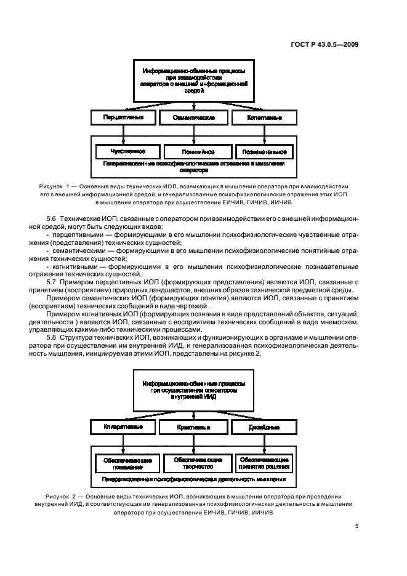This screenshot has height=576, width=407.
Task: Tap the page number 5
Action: (357, 526)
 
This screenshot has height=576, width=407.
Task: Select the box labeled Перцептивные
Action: (123, 117)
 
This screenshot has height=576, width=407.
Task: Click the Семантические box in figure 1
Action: (194, 117)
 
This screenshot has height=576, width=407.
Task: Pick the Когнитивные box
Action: (265, 117)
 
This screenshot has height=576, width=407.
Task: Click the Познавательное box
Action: (265, 151)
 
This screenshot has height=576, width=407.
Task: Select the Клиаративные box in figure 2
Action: (123, 426)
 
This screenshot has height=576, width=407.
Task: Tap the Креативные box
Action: (194, 426)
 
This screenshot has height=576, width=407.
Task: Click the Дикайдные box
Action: (265, 426)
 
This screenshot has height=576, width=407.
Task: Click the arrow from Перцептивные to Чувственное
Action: (124, 134)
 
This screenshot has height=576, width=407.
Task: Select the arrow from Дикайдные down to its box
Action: (265, 444)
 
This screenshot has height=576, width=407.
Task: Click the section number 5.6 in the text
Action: (52, 220)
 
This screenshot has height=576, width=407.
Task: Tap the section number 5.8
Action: (52, 338)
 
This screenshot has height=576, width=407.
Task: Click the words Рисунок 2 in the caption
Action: (61, 496)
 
